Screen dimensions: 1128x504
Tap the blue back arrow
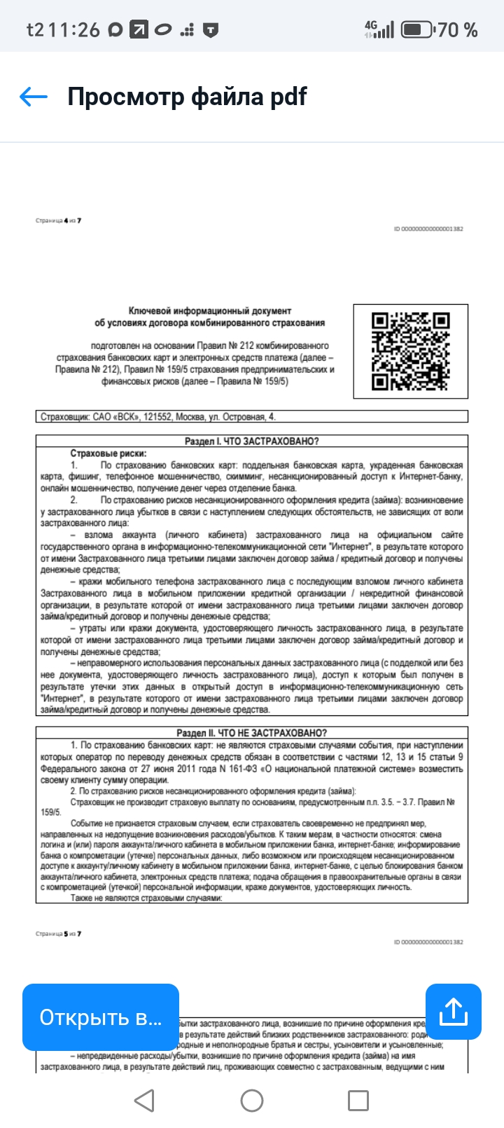33,97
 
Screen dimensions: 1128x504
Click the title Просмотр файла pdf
187,97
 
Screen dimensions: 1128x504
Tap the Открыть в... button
100,1017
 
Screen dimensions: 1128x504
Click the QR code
410,350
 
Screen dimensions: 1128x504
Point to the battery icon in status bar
416,29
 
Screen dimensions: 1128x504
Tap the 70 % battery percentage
458,29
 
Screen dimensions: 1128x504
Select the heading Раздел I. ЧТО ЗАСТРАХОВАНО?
251,441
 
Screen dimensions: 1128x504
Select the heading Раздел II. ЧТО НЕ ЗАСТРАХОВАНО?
251,733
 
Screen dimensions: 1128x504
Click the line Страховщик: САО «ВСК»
158,417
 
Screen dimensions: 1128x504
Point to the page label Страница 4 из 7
59,221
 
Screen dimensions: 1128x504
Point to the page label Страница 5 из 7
59,934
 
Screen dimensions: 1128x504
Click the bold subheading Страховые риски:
108,453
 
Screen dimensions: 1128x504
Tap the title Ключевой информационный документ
210,310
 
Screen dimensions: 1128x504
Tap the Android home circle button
252,1101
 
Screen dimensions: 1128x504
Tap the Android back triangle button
144,1101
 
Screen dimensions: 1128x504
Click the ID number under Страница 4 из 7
428,229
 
